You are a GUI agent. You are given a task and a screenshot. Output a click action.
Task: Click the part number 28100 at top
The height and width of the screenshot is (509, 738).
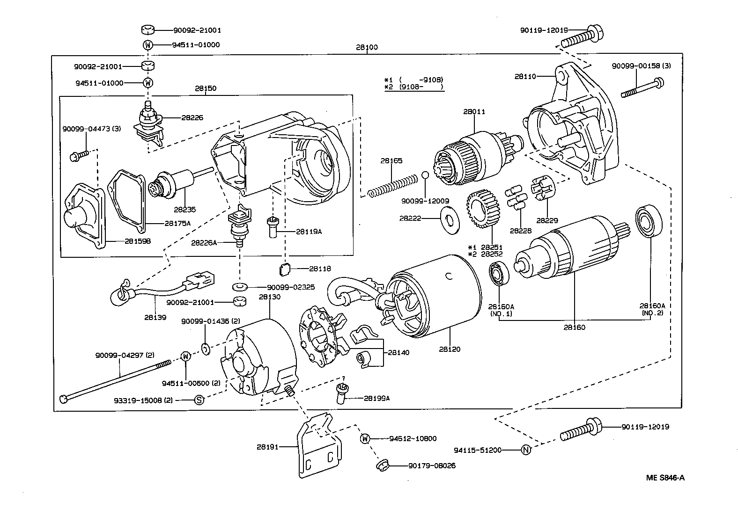point(366,47)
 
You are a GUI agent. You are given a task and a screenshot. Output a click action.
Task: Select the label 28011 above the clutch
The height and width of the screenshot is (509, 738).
point(474,112)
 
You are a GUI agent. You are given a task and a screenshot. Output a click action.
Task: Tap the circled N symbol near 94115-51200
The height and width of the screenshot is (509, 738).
point(526,450)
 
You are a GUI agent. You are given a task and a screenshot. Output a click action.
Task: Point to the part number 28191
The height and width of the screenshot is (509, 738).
point(267,447)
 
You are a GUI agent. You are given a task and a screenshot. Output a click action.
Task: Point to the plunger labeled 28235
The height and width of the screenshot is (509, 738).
point(173,184)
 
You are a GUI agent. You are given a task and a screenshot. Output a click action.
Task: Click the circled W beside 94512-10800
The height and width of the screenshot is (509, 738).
point(365,438)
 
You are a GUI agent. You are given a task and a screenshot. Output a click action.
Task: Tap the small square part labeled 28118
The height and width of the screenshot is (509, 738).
point(284,269)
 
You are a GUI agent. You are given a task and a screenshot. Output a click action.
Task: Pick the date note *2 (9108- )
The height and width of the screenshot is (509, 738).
point(413,87)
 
